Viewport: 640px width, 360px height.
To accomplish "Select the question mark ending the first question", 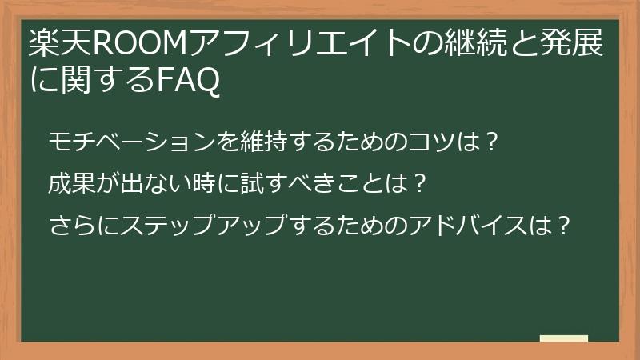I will click(x=493, y=142).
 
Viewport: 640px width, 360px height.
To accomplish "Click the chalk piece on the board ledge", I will click(x=564, y=338).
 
